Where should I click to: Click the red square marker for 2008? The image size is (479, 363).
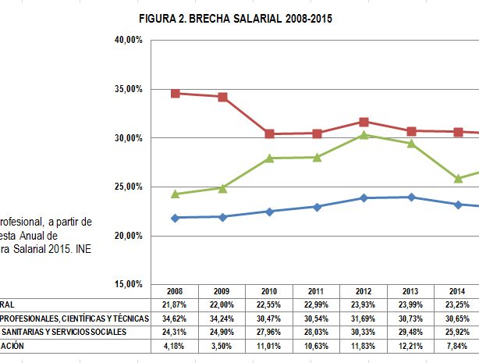tap(176, 94)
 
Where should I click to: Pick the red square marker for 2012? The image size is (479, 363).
tap(364, 122)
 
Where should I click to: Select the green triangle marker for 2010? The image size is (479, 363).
tap(270, 158)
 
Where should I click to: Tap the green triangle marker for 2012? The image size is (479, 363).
tap(364, 135)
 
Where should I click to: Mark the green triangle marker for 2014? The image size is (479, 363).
tap(459, 178)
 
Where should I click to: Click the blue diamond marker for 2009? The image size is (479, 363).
tap(222, 216)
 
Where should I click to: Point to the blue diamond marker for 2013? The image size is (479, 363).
tap(411, 197)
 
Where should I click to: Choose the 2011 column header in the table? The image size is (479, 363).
tap(317, 290)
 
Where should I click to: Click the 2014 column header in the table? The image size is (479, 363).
tap(459, 290)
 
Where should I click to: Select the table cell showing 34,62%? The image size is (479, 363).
tap(176, 318)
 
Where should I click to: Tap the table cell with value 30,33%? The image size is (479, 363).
tap(364, 332)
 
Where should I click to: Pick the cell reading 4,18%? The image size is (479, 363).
tap(176, 346)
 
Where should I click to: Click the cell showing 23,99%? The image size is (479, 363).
tap(411, 304)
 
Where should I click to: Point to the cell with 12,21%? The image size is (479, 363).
tap(411, 346)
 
